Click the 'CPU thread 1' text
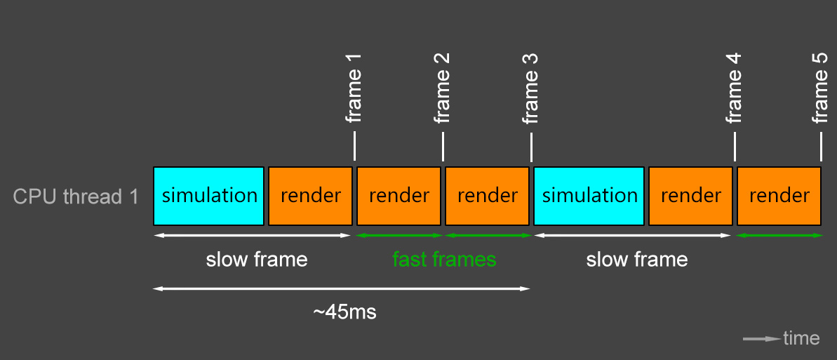point(76,197)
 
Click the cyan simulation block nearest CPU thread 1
point(209,195)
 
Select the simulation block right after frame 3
point(589,195)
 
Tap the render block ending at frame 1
point(310,195)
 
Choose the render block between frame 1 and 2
point(399,195)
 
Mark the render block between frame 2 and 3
point(488,195)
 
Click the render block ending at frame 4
point(691,195)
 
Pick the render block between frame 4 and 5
point(779,195)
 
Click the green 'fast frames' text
point(444,260)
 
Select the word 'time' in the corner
point(801,339)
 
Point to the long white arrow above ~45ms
point(342,288)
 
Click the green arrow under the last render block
point(779,235)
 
